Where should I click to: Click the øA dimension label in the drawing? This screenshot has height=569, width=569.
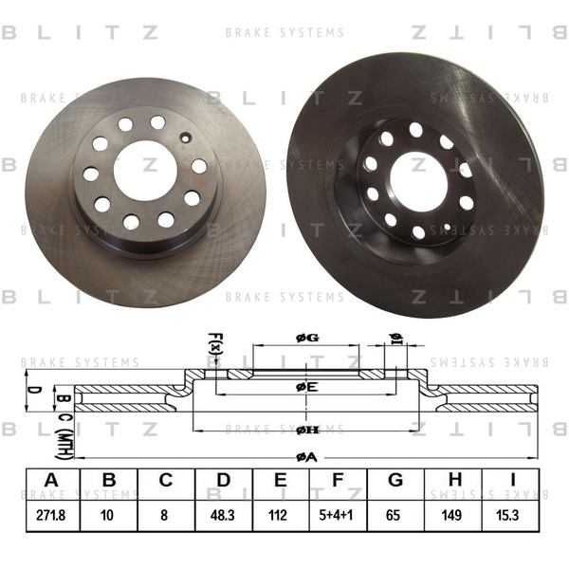tap(305, 457)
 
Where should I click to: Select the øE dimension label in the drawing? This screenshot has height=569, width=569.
tap(305, 387)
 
